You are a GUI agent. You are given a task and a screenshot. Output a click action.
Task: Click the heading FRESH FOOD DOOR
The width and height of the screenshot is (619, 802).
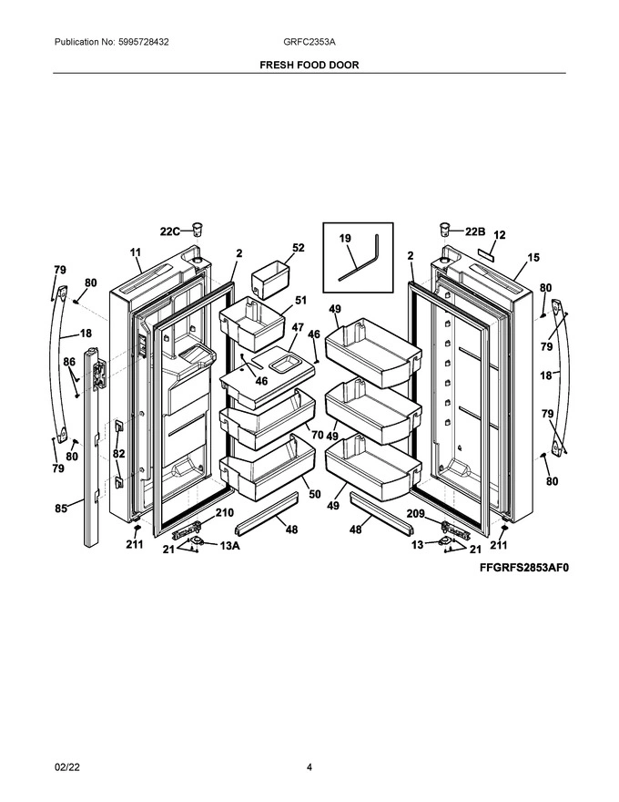(x=309, y=66)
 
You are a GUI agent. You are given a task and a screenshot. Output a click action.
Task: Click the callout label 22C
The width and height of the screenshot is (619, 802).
(x=171, y=231)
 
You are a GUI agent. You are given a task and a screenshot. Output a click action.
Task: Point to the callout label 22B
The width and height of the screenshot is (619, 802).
(x=475, y=231)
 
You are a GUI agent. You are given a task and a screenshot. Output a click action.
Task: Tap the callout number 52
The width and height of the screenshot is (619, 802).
(x=299, y=248)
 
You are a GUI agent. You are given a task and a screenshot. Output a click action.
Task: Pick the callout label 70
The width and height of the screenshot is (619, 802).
(x=316, y=434)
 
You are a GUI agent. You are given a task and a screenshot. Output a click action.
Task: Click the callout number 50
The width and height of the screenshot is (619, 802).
(x=314, y=493)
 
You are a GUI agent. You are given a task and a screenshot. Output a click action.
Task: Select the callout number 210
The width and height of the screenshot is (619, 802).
(x=224, y=513)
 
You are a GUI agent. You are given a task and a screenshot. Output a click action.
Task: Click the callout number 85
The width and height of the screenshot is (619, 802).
(x=61, y=509)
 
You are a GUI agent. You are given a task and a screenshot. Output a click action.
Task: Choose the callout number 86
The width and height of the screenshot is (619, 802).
(x=69, y=363)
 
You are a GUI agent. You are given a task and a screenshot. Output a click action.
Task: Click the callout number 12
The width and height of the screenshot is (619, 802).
(x=499, y=235)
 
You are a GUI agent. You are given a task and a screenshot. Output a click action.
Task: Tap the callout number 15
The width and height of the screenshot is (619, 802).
(x=533, y=257)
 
